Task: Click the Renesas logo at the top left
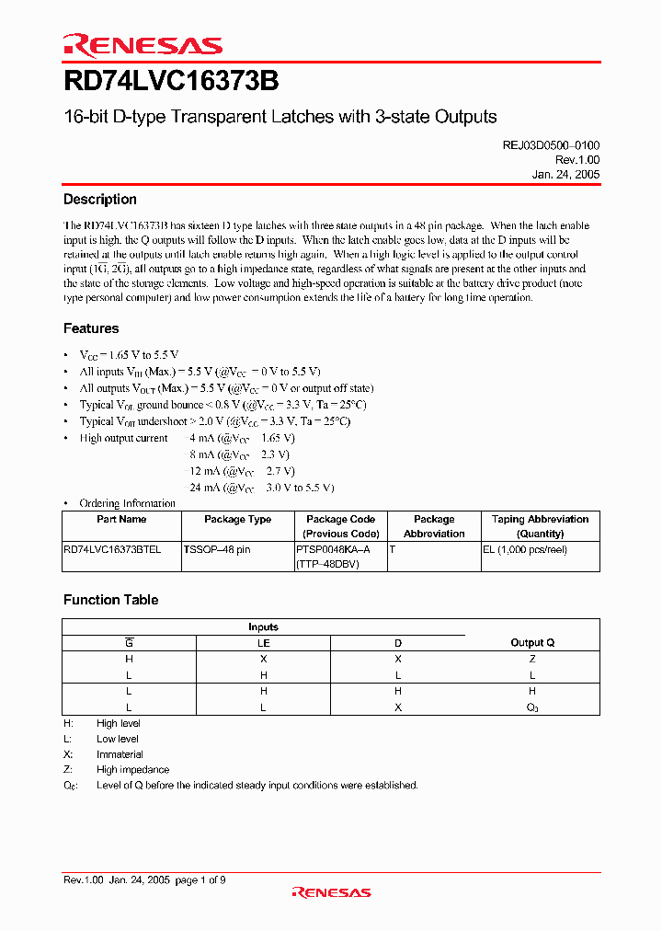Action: (143, 45)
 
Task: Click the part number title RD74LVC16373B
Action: (171, 82)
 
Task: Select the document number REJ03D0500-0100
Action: (548, 145)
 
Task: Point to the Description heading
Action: (100, 200)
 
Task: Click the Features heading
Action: (91, 328)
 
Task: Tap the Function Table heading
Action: (110, 600)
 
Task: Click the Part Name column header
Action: (121, 520)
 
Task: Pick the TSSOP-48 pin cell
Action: (217, 549)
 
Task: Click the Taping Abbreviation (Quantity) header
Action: (540, 526)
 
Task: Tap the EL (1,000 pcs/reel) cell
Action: (525, 549)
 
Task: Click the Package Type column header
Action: (237, 520)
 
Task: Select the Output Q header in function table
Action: (532, 643)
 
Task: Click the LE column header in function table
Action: (264, 643)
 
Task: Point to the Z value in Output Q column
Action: (532, 659)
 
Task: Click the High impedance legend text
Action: (132, 770)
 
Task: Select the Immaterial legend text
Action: (120, 754)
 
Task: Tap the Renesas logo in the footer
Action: (331, 892)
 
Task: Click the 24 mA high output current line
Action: (262, 488)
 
